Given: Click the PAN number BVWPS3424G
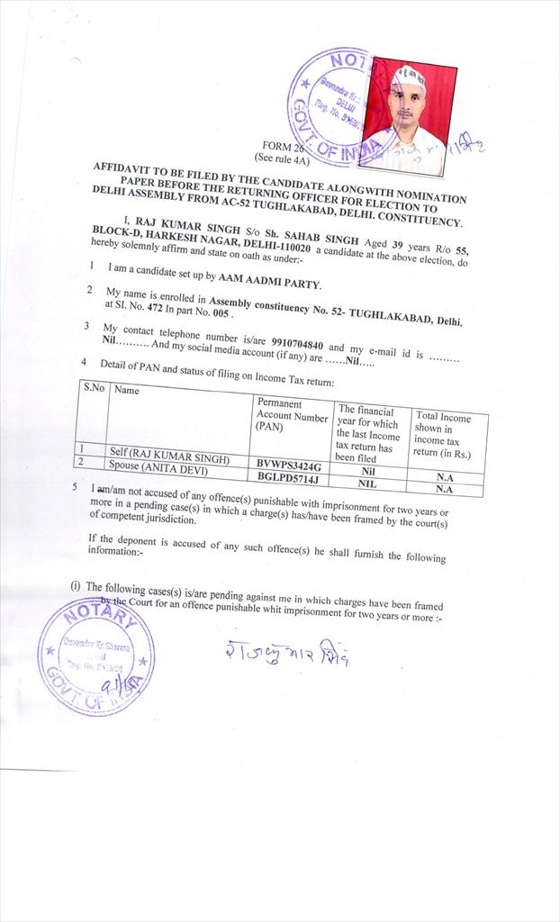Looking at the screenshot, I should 290,465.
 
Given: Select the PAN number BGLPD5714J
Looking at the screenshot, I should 290,478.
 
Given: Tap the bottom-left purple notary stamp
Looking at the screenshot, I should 95,656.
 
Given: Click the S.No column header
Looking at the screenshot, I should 94,388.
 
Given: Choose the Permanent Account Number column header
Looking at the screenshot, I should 290,413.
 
